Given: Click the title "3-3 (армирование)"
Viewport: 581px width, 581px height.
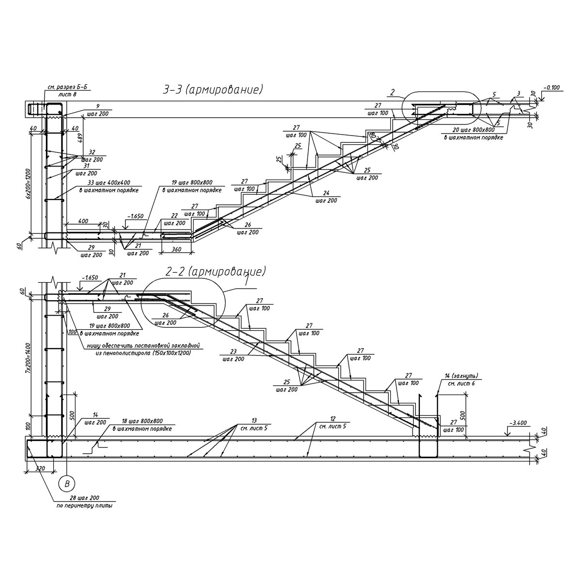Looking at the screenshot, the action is (x=214, y=90).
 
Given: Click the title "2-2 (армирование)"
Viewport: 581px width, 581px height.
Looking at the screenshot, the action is (x=215, y=272).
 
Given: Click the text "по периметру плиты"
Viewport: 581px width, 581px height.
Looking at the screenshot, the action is (x=85, y=506).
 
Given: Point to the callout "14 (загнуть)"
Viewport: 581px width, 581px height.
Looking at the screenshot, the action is (x=461, y=375).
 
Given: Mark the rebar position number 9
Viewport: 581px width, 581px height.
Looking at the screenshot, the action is (x=97, y=106).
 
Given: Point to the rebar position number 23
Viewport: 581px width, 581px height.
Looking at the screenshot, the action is (x=233, y=352).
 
